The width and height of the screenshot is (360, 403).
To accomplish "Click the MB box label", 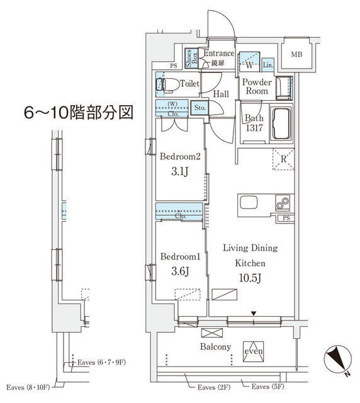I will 296,55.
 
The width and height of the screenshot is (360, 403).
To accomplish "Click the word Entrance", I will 218,54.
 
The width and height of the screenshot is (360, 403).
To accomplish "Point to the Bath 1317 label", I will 254,123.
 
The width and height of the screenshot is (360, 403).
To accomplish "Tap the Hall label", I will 220,94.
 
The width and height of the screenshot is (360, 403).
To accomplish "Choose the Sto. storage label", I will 201,108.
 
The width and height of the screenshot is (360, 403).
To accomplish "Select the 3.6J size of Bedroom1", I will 180,271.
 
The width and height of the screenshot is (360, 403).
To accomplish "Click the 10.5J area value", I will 250,277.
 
